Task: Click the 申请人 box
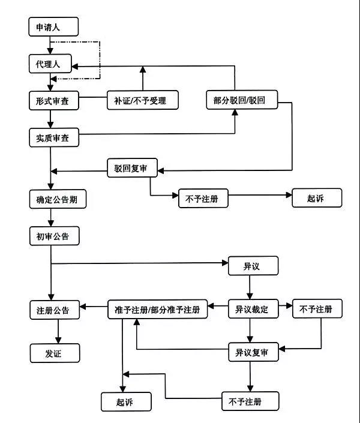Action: pyautogui.click(x=53, y=27)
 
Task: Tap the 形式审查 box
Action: pyautogui.click(x=53, y=100)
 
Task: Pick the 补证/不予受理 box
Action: pyautogui.click(x=144, y=100)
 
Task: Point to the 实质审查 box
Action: pyautogui.click(x=53, y=137)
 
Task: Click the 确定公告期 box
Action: pyautogui.click(x=57, y=199)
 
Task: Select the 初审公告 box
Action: pyautogui.click(x=53, y=236)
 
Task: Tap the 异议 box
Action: pyautogui.click(x=253, y=264)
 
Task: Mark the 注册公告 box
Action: pyautogui.click(x=53, y=310)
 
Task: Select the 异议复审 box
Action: pyautogui.click(x=253, y=353)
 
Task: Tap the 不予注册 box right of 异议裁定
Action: pyautogui.click(x=316, y=309)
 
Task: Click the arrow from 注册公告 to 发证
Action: pyautogui.click(x=58, y=331)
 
